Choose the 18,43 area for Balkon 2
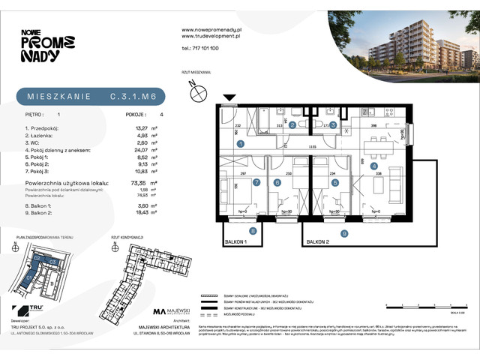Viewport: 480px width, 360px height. (136, 214)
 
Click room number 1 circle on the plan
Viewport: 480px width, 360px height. (241, 142)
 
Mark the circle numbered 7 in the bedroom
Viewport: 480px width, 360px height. (256, 181)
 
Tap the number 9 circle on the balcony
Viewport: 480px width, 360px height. (344, 233)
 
